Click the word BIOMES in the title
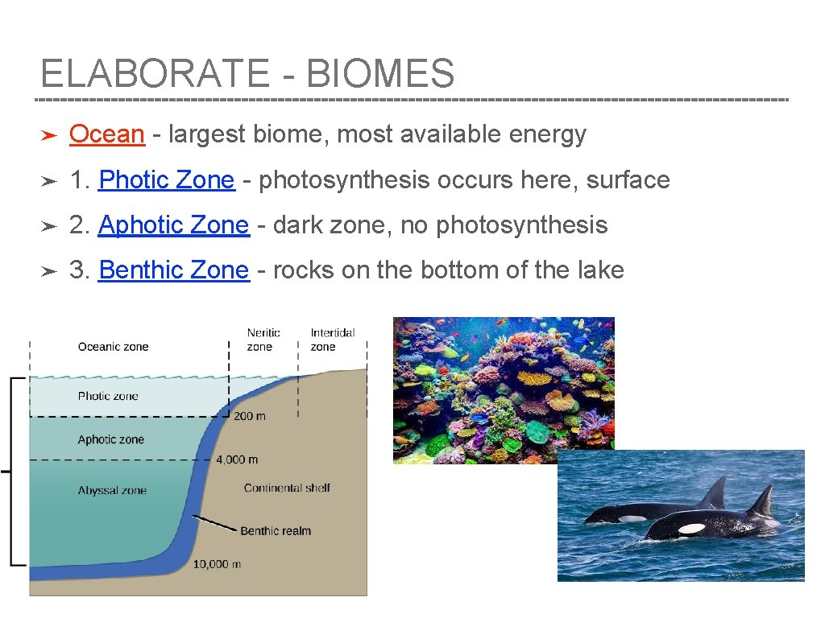pos(380,74)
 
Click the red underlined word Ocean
pos(106,134)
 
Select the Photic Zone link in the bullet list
pos(166,179)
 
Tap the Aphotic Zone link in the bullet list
pos(173,225)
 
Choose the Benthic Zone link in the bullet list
pos(173,270)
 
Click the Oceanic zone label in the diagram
pos(113,347)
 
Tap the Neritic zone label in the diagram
pos(263,340)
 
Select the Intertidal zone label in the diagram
pos(332,340)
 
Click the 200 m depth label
pos(249,416)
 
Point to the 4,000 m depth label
pos(237,459)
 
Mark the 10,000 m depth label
pos(217,564)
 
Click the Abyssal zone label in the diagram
pos(112,490)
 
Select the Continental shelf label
pos(287,488)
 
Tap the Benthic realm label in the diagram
pos(276,531)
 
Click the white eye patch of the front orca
pos(691,529)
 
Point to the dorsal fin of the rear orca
pos(715,492)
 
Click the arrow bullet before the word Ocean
pos(48,135)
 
